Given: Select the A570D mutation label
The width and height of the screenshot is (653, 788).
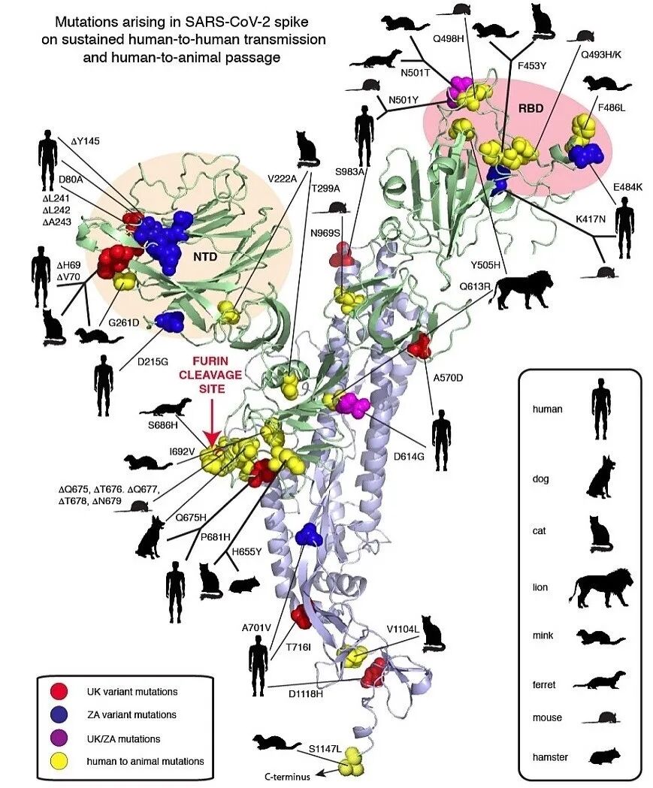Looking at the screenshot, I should tap(449, 377).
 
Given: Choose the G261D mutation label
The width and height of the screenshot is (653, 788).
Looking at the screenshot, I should tap(124, 322).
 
